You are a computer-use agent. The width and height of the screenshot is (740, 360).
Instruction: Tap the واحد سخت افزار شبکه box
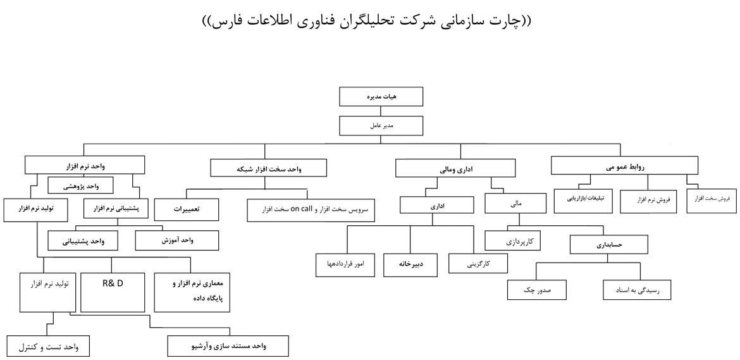tap(269, 168)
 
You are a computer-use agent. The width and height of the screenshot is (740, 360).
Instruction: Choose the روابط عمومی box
tap(625, 165)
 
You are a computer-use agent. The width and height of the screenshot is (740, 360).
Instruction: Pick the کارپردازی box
tap(516, 241)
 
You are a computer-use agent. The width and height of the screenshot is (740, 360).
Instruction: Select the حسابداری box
tap(610, 244)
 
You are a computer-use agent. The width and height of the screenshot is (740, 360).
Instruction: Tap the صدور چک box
tap(537, 290)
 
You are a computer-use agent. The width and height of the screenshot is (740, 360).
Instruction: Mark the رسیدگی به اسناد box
tap(636, 290)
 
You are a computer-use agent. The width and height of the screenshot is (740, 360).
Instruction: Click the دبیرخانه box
tap(410, 264)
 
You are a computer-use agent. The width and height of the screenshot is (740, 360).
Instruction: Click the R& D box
tap(113, 292)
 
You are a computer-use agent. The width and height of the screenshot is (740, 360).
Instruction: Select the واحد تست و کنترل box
tap(48, 347)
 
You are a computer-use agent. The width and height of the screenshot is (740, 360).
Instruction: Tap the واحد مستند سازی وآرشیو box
tap(228, 347)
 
